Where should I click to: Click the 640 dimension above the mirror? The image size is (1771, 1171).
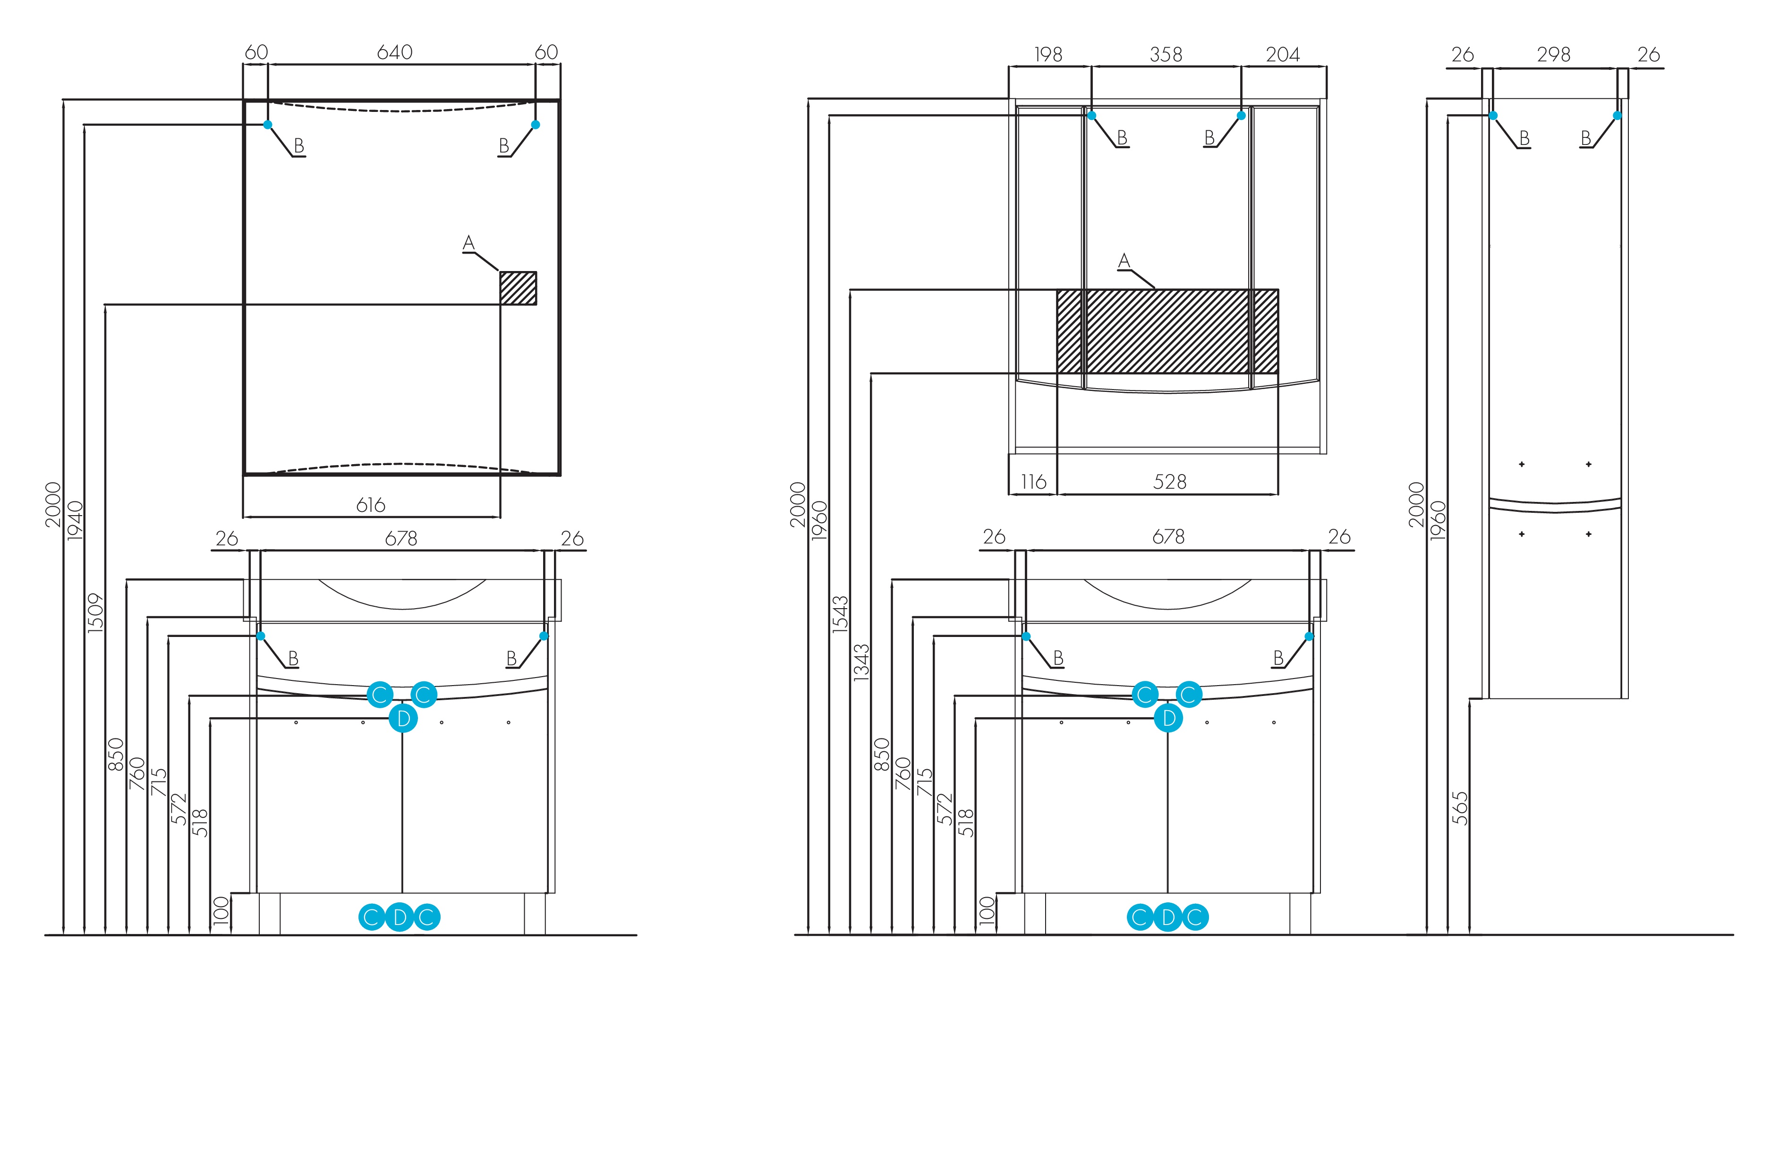tap(394, 52)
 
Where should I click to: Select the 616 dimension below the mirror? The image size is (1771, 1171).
tap(370, 506)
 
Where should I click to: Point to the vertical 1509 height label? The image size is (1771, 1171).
tap(95, 613)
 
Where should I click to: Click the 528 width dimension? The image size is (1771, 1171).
tap(1170, 483)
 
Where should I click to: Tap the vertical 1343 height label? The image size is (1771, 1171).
tap(861, 662)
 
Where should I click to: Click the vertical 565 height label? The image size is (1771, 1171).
tap(1459, 808)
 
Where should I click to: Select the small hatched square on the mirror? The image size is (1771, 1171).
tap(518, 289)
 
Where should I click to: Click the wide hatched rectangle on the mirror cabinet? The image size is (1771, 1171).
tap(1166, 331)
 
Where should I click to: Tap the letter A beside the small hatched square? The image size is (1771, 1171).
tap(468, 243)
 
